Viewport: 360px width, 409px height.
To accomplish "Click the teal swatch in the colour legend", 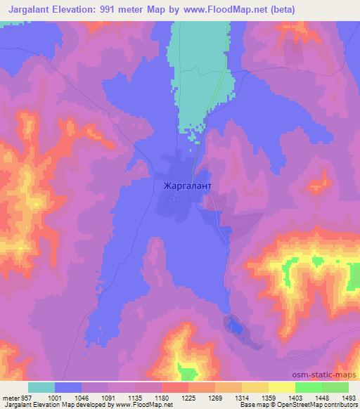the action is coord(41,387).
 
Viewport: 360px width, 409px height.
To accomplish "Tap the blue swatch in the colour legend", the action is coord(68,387).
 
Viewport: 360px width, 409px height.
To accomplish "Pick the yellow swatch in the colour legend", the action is coord(282,387).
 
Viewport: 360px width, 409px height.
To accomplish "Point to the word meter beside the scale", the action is coord(8,397).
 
